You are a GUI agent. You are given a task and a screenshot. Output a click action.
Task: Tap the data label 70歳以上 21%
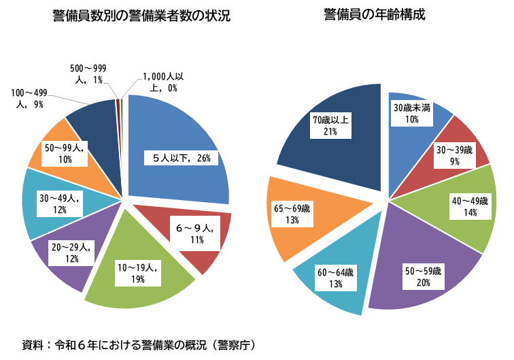pos(331,126)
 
